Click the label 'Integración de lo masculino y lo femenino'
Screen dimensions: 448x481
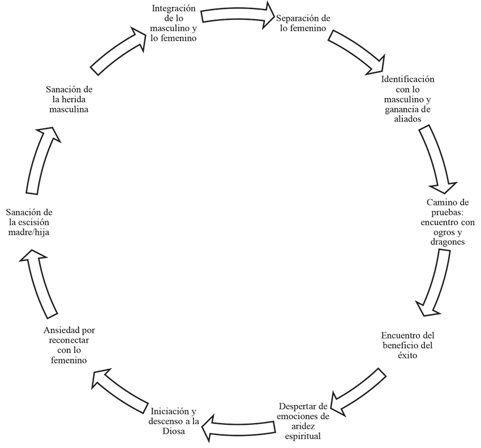coord(174,24)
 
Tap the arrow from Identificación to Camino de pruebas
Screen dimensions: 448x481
coord(436,160)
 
